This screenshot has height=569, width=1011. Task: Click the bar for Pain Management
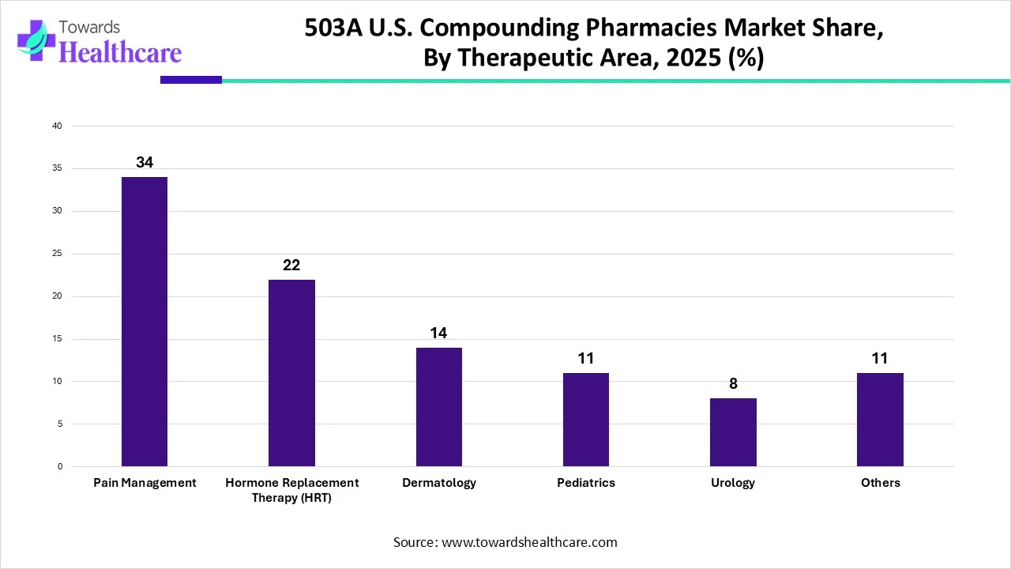pyautogui.click(x=145, y=322)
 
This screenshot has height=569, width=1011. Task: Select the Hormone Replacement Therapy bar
pyautogui.click(x=291, y=373)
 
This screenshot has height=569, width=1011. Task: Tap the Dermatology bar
pyautogui.click(x=438, y=407)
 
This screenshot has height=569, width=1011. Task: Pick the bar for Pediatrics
pyautogui.click(x=585, y=420)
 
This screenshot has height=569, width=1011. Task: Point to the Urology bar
pyautogui.click(x=733, y=432)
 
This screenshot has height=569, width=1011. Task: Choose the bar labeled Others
pyautogui.click(x=880, y=420)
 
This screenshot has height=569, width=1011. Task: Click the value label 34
pyautogui.click(x=145, y=162)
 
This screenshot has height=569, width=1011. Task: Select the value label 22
pyautogui.click(x=291, y=265)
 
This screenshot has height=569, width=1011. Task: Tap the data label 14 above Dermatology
pyautogui.click(x=438, y=333)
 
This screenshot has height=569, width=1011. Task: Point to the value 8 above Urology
pyautogui.click(x=733, y=383)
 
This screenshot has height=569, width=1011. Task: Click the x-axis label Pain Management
pyautogui.click(x=145, y=483)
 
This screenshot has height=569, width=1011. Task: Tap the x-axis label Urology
pyautogui.click(x=733, y=483)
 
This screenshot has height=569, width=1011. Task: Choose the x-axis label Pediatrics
pyautogui.click(x=585, y=483)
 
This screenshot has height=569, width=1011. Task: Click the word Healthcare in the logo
pyautogui.click(x=120, y=52)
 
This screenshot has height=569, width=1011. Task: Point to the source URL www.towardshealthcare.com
pyautogui.click(x=528, y=542)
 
